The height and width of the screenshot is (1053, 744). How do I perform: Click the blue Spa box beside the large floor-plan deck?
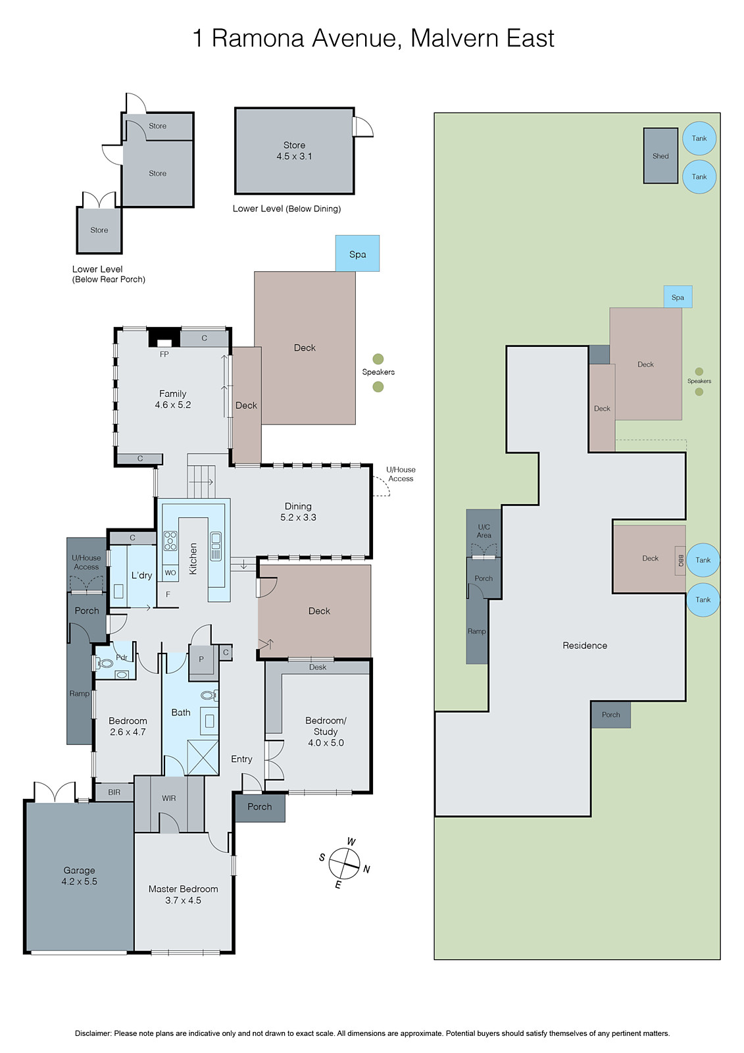point(357,253)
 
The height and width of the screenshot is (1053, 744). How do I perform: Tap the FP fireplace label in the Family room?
point(164,354)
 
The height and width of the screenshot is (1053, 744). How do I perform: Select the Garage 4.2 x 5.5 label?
point(79,876)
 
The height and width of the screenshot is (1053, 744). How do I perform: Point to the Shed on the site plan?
point(660,156)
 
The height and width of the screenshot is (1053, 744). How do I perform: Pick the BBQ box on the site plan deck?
point(680,561)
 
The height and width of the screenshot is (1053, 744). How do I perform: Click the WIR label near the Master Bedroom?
point(169,798)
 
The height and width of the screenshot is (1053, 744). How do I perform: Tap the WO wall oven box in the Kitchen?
point(170,573)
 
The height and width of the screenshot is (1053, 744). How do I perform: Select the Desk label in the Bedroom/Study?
point(318,667)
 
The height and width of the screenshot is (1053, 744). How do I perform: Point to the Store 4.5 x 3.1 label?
point(294,151)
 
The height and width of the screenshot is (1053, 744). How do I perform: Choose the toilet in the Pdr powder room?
point(105,663)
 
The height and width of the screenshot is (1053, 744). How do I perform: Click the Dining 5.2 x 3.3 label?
point(298,511)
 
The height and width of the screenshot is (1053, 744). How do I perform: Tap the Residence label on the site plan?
point(585,646)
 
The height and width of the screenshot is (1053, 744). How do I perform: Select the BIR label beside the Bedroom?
point(114,792)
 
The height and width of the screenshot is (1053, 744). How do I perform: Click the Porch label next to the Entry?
point(260,807)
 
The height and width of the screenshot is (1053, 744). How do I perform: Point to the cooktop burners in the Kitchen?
point(170,540)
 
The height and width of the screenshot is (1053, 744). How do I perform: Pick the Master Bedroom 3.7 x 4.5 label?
point(183,894)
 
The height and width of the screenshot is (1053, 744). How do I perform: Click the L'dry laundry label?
point(141,575)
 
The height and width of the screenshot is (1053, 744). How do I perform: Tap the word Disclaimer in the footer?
point(93,1033)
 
